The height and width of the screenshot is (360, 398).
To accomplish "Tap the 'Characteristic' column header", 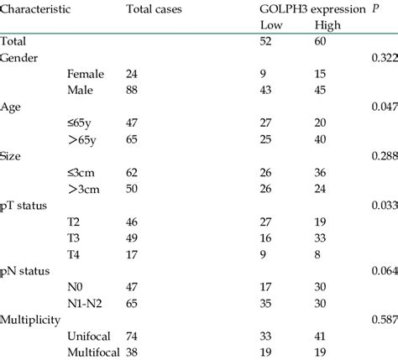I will [x=35, y=9].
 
